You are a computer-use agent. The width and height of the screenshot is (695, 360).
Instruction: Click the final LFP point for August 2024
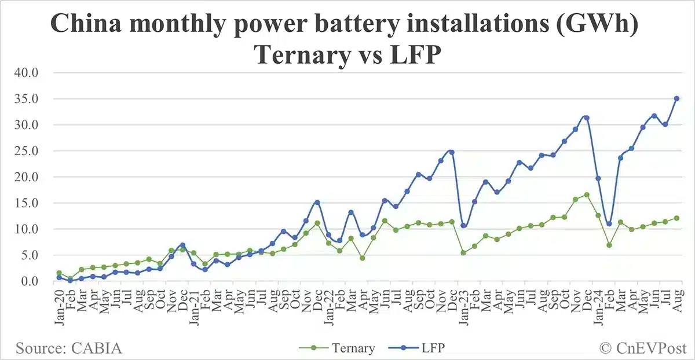(676, 98)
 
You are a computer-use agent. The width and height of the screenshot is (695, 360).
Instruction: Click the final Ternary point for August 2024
(676, 218)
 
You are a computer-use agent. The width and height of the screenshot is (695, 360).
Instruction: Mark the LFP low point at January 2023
(463, 226)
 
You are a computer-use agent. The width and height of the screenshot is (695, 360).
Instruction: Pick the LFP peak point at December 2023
(587, 117)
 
